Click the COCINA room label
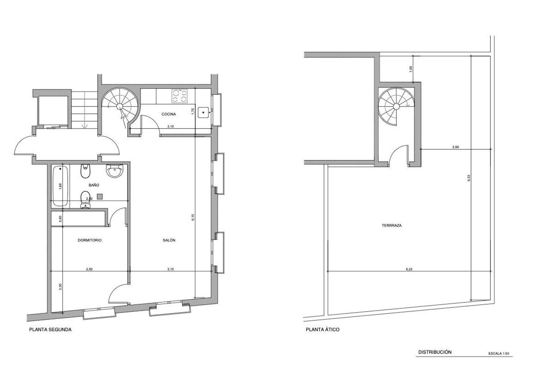pyautogui.click(x=169, y=114)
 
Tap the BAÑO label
pyautogui.click(x=94, y=185)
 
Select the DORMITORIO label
pyautogui.click(x=90, y=240)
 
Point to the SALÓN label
pyautogui.click(x=169, y=240)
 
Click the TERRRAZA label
pyautogui.click(x=392, y=225)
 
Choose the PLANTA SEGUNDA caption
pyautogui.click(x=50, y=330)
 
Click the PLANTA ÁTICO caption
pyautogui.click(x=322, y=330)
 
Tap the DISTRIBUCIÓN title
pyautogui.click(x=435, y=352)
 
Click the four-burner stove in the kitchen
pyautogui.click(x=179, y=96)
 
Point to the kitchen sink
pyautogui.click(x=203, y=112)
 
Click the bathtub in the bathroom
pyautogui.click(x=60, y=186)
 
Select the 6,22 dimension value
pyautogui.click(x=409, y=269)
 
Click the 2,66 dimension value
pyautogui.click(x=456, y=147)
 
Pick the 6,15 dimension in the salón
pyautogui.click(x=193, y=217)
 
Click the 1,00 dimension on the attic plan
pyautogui.click(x=411, y=69)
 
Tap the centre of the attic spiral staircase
pyautogui.click(x=396, y=106)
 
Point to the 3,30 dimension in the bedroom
pyautogui.click(x=60, y=287)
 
